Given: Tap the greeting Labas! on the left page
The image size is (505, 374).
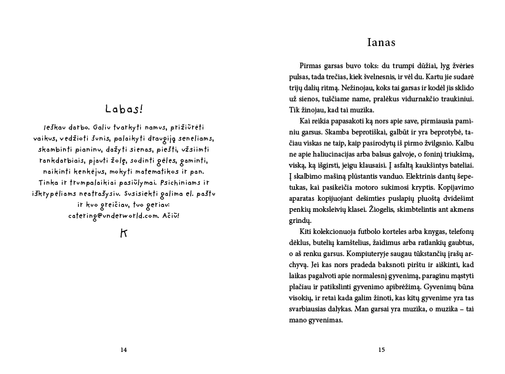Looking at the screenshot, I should point(123,109).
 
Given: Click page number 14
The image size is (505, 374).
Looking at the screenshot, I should point(123,349).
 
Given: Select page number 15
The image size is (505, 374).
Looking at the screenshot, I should point(381,349).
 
